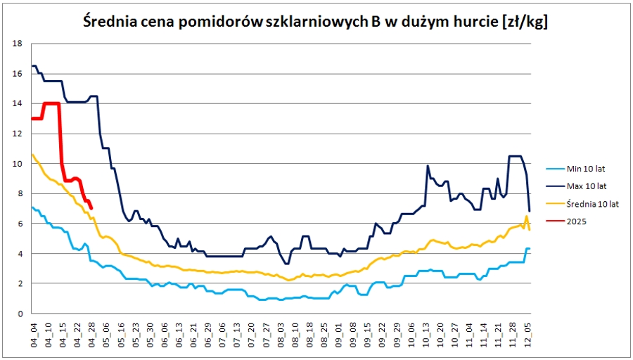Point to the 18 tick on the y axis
[18, 44]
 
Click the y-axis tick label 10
[18, 164]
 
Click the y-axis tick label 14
[18, 103]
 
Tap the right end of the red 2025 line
[92, 207]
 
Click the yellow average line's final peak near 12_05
[526, 217]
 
